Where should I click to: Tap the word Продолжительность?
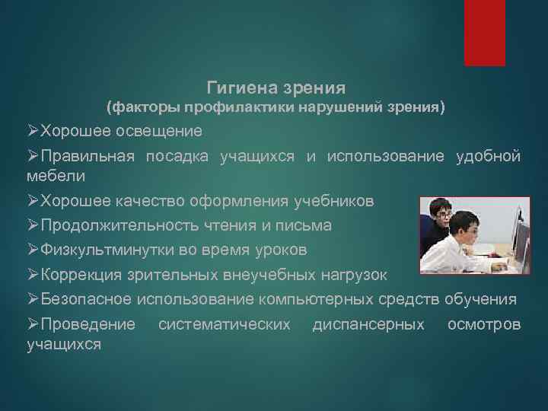pos(123,225)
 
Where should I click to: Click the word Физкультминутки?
pos(114,250)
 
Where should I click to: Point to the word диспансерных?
pos(368,325)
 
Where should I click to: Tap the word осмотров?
pos(484,325)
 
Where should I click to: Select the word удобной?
pos(488,156)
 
